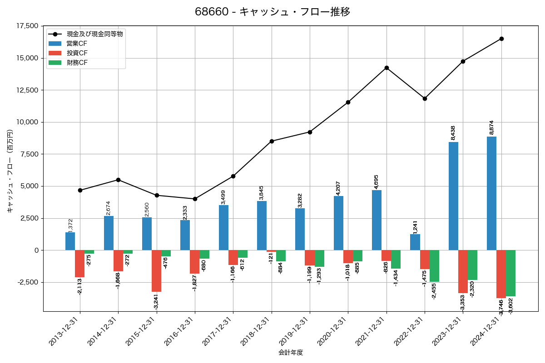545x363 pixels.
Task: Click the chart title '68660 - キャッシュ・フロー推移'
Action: [x=272, y=12]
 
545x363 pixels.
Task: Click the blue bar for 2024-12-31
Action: [x=491, y=193]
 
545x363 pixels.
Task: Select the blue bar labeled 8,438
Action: [x=453, y=196]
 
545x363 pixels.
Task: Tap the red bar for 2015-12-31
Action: [x=156, y=271]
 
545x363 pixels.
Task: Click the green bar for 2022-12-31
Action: [x=434, y=266]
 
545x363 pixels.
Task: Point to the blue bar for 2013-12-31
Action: [x=70, y=241]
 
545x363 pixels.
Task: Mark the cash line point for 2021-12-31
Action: [x=386, y=68]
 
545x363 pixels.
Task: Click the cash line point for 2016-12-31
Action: [x=195, y=199]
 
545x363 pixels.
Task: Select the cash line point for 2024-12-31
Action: [x=501, y=39]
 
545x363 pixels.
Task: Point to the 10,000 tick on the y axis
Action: [x=27, y=122]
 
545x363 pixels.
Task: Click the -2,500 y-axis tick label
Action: [x=28, y=282]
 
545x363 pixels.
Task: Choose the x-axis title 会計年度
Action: [x=291, y=353]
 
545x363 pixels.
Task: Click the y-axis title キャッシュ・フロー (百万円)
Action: [x=10, y=171]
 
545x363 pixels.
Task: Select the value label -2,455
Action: [x=434, y=291]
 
